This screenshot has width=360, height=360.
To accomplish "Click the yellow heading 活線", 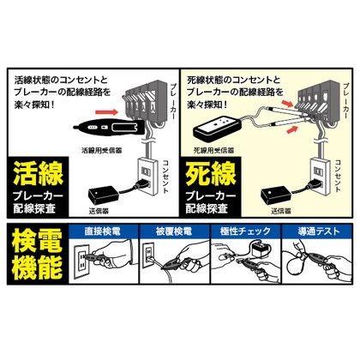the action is (39, 174).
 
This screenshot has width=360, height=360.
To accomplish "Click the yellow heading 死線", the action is (211, 174).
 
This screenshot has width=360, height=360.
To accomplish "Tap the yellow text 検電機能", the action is (38, 254).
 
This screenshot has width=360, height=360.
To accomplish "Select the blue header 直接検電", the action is (102, 231).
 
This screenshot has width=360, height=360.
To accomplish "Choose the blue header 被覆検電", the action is (174, 231).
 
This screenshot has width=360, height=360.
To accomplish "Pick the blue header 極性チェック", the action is (245, 231).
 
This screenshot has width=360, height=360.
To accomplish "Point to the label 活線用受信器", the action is (102, 150).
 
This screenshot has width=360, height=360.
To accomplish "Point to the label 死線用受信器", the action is (214, 150).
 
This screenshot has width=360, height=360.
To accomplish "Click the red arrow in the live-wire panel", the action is (106, 111).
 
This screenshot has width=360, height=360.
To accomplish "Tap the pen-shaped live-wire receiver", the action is (110, 128).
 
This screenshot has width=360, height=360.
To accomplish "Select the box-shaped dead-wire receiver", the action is (218, 129).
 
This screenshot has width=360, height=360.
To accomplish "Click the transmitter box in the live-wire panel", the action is (104, 195).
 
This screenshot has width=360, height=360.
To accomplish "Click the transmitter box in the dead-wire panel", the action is (276, 195).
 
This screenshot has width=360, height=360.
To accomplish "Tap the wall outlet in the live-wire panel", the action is (147, 176).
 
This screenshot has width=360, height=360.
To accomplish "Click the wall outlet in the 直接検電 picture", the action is (81, 260).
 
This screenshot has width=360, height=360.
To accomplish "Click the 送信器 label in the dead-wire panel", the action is (281, 211).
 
